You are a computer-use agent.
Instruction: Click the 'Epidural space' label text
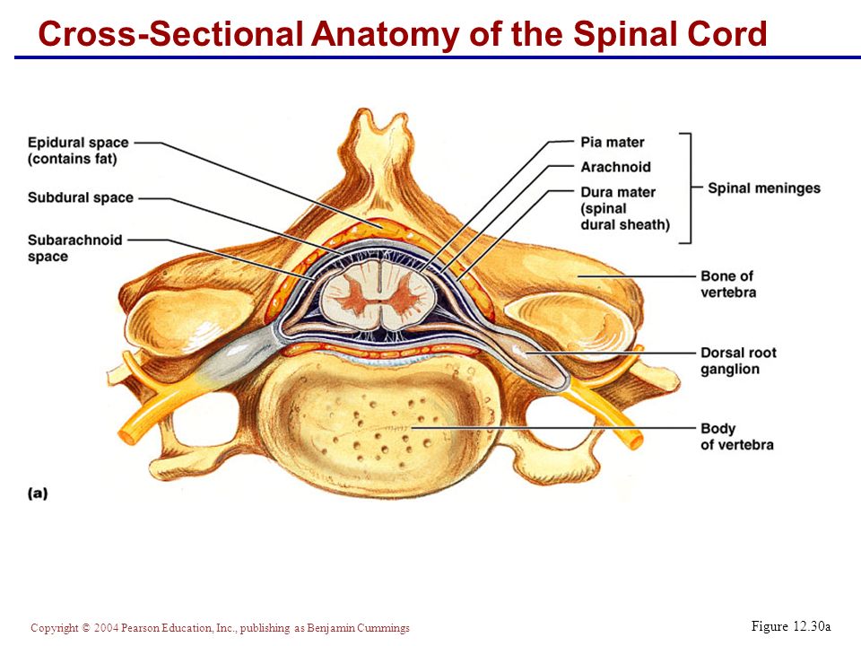(x=78, y=143)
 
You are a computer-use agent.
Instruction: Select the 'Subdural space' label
(x=81, y=197)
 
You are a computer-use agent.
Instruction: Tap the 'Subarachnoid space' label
(x=75, y=249)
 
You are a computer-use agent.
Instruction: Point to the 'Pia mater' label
(x=613, y=143)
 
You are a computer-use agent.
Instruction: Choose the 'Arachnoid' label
(x=615, y=167)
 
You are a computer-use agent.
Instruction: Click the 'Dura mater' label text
(x=618, y=192)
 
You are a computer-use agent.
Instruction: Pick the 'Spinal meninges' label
(x=764, y=188)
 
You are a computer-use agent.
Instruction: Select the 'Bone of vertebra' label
(x=728, y=284)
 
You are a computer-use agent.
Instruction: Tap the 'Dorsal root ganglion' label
(x=738, y=361)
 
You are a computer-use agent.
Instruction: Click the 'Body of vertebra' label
(x=737, y=437)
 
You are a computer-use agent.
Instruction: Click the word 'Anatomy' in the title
(x=385, y=34)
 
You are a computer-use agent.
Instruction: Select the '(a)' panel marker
(x=38, y=493)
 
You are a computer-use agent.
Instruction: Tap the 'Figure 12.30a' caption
(x=791, y=626)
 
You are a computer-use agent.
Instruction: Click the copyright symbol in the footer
(x=85, y=627)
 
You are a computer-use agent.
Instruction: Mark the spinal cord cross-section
(x=379, y=294)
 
